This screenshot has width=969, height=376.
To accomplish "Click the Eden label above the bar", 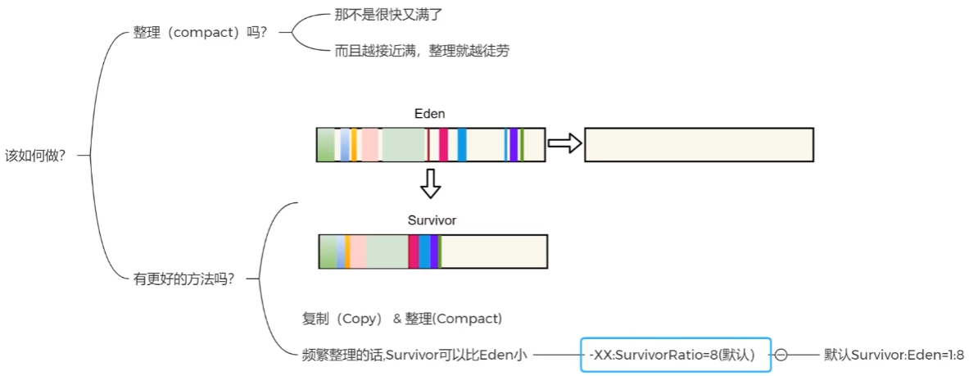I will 430,113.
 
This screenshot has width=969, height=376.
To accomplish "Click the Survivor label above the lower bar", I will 432,220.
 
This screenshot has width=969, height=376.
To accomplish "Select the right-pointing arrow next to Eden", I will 564,144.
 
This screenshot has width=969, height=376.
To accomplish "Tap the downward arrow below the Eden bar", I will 430,184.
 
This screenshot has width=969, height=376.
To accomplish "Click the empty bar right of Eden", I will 699,144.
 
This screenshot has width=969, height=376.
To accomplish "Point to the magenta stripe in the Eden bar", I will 443,144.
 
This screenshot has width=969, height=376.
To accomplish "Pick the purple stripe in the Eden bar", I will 514,144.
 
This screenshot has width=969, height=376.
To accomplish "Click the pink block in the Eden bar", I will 369,144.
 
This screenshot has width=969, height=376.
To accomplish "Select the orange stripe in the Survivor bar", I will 348,251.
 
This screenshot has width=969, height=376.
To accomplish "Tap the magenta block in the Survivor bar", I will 414,251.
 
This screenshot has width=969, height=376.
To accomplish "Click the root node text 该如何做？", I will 35,155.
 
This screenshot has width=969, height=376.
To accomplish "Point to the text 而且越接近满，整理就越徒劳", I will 422,51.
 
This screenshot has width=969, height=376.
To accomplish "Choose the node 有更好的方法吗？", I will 183,279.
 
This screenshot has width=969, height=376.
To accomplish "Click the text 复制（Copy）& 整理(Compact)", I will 402,318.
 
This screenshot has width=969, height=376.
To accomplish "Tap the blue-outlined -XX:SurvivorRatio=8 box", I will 676,355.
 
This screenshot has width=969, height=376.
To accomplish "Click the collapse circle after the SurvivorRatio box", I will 781,355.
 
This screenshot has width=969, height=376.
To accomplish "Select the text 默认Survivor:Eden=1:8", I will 894,355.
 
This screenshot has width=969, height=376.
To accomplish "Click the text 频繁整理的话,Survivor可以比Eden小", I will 414,355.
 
